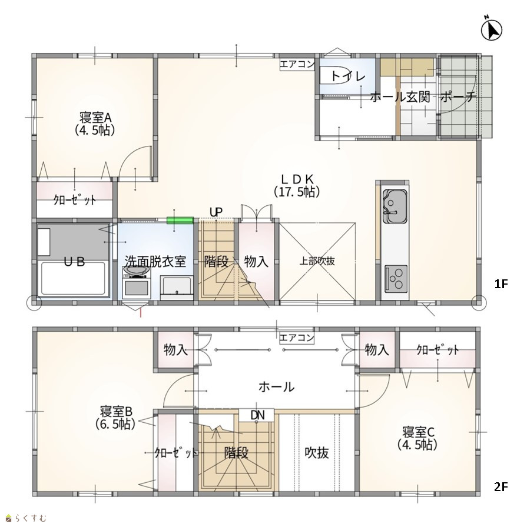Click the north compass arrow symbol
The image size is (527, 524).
point(492,29)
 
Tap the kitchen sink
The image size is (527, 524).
point(395,206)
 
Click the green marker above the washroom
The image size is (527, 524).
point(180,221)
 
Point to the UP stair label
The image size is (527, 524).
point(216,212)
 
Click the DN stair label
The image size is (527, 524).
point(257,415)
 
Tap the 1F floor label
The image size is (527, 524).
point(501,284)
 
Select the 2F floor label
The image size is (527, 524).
point(501,486)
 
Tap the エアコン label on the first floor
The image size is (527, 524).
point(297,64)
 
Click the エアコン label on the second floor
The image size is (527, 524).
point(297,338)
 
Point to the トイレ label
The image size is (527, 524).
point(348,76)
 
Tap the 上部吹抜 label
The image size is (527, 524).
point(317,261)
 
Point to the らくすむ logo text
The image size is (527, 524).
point(30,518)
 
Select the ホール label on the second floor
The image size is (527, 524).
point(276,387)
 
